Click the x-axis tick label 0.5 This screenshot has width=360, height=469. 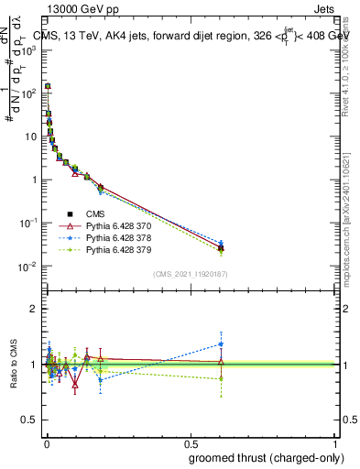pos(191,442)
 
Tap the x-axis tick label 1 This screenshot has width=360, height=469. pos(335,442)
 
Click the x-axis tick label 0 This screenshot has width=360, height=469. pos(46,442)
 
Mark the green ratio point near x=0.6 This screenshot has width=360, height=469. pos(221,378)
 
